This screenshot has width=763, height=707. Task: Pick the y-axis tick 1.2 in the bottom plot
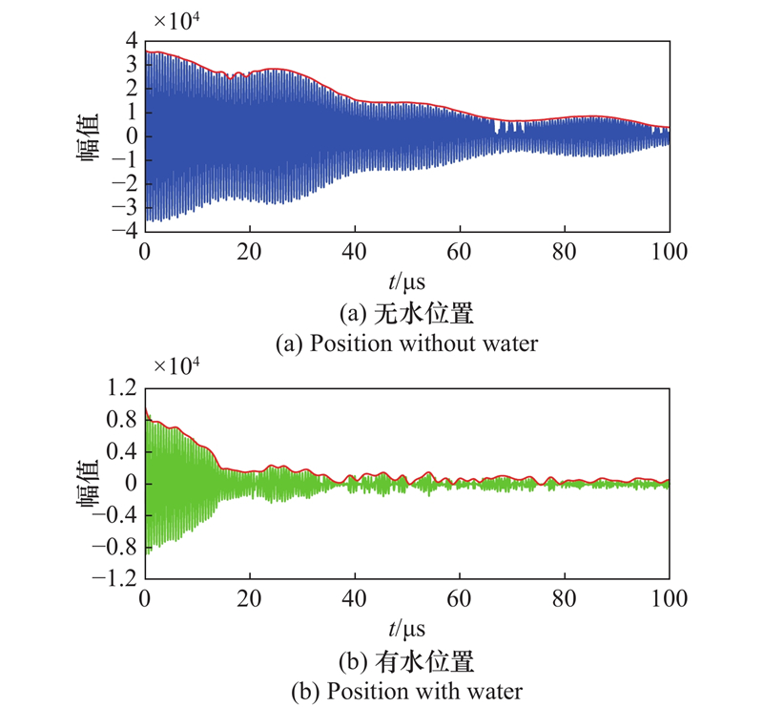pyautogui.click(x=121, y=387)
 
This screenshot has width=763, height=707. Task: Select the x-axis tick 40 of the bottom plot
pyautogui.click(x=355, y=598)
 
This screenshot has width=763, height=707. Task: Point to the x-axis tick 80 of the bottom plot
pyautogui.click(x=565, y=598)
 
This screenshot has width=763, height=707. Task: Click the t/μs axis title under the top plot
pyautogui.click(x=406, y=281)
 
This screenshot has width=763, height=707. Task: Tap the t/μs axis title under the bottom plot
pyautogui.click(x=406, y=629)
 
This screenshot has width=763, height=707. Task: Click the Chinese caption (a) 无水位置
pyautogui.click(x=406, y=313)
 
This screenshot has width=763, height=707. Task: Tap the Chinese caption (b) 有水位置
pyautogui.click(x=406, y=660)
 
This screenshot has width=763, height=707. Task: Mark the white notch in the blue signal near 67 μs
pyautogui.click(x=496, y=128)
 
